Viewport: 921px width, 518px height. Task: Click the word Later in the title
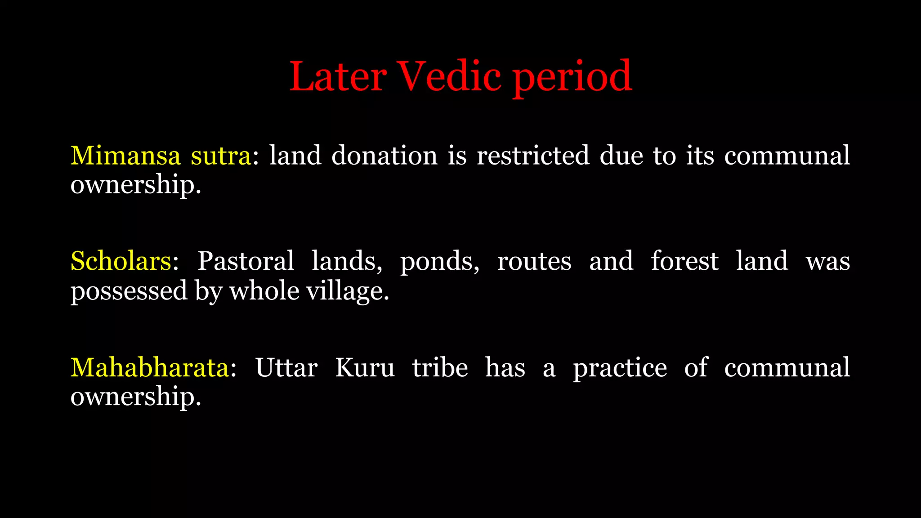click(337, 76)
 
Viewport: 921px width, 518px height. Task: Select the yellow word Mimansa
click(125, 156)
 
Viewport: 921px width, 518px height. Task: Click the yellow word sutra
click(221, 156)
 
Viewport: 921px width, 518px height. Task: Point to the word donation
click(384, 156)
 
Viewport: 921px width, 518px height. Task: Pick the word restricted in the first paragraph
click(533, 156)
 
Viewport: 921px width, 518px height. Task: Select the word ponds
click(439, 262)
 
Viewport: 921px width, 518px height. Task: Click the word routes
click(534, 262)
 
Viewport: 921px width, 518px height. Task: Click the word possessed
click(129, 291)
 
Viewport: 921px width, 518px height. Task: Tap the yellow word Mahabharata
click(150, 367)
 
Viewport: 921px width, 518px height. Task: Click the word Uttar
click(286, 367)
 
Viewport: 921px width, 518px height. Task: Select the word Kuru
click(365, 367)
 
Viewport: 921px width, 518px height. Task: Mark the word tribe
click(440, 367)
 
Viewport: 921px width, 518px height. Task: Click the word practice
click(620, 368)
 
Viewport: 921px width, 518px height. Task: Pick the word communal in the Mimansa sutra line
click(787, 156)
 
